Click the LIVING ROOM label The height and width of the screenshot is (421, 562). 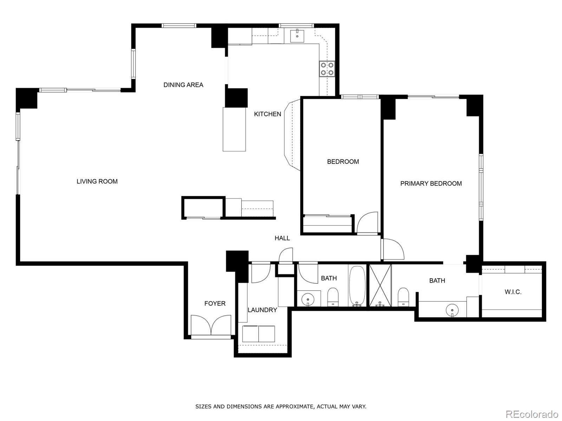97,182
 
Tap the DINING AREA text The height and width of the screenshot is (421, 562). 183,85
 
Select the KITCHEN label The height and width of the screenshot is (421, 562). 268,114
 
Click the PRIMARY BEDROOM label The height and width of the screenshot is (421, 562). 431,184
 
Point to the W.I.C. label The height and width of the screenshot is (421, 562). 513,292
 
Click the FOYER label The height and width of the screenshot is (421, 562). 215,304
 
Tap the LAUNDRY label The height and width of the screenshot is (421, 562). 262,310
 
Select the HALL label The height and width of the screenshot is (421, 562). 282,238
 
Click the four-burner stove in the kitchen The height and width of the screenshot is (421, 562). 327,69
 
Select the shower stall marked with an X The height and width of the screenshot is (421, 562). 380,285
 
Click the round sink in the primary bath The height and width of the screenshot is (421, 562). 452,310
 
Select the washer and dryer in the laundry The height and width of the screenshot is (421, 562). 259,334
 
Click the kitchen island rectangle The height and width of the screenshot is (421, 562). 234,129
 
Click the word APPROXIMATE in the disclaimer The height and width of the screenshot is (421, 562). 294,407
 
